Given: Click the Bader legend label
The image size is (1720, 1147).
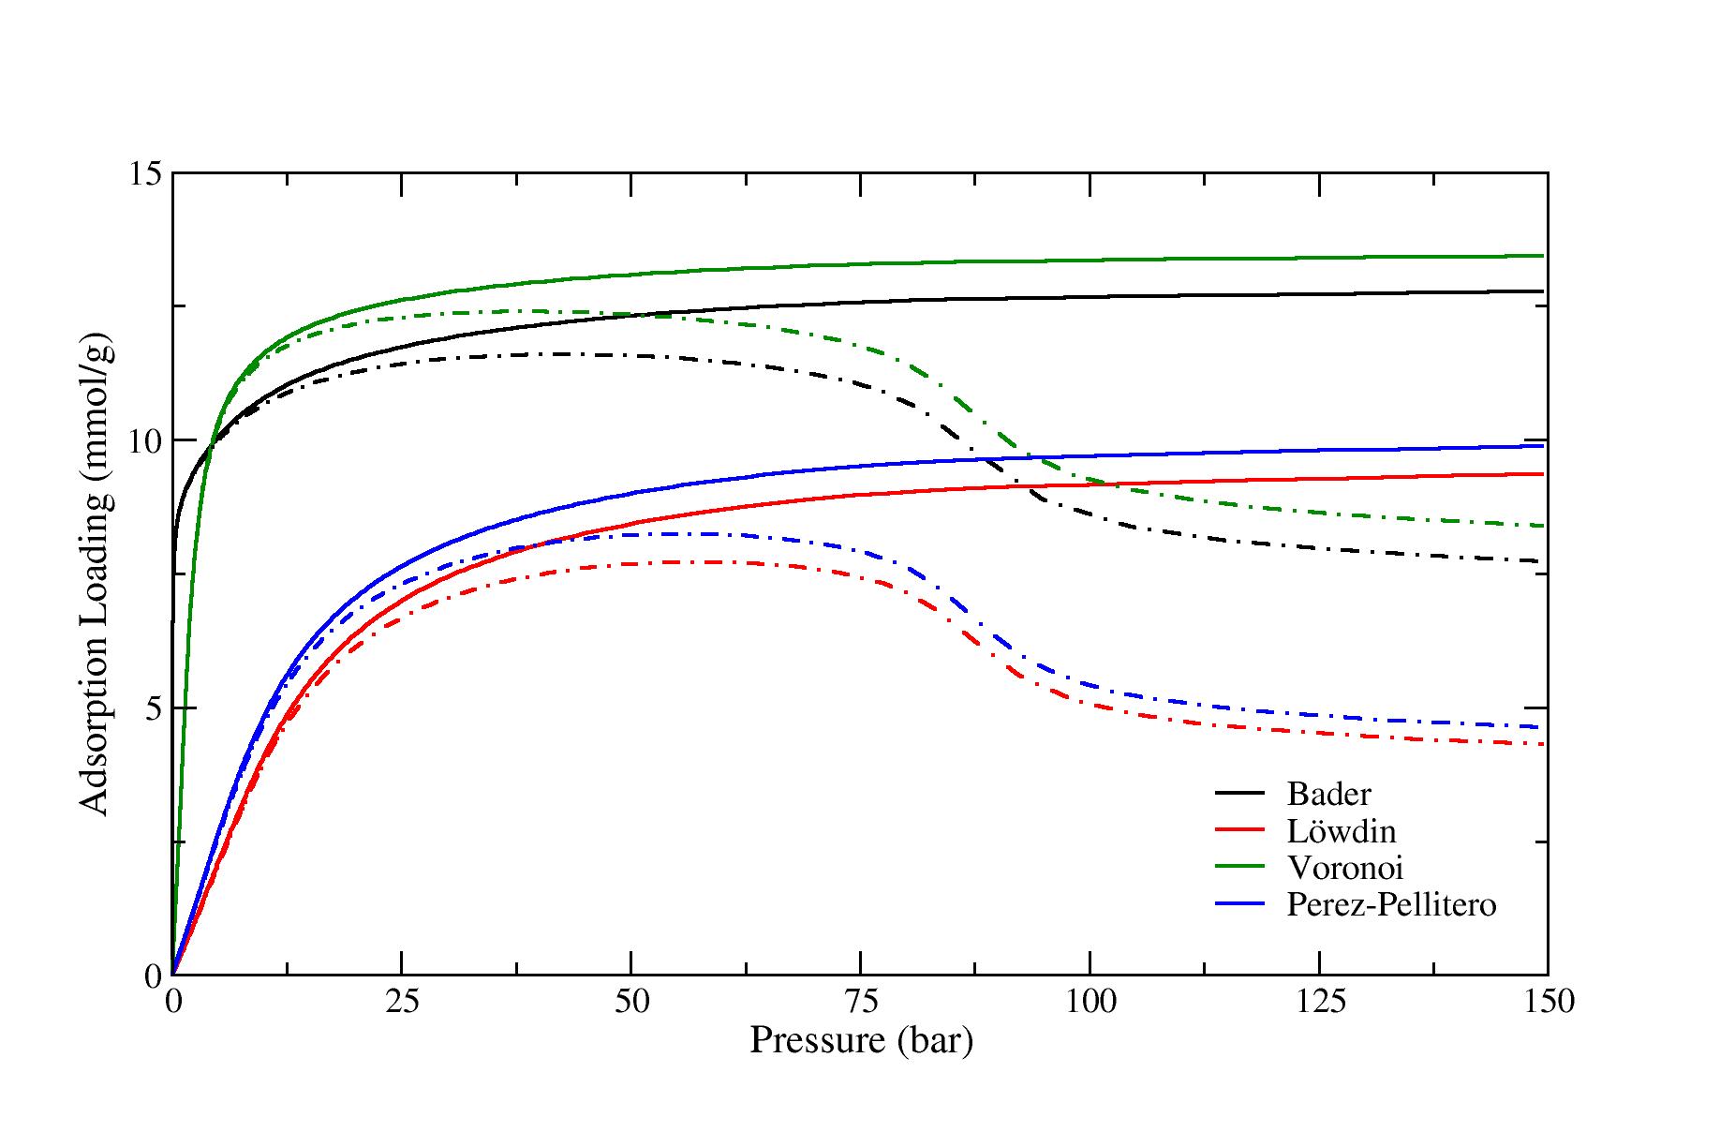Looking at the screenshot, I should (x=1328, y=795).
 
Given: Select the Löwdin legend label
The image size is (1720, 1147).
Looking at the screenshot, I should (x=1342, y=831).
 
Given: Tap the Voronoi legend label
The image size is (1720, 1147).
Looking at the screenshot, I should (x=1345, y=868).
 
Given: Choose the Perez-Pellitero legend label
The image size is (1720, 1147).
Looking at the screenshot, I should (x=1391, y=905).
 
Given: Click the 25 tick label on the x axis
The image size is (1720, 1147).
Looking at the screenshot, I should (x=402, y=1002).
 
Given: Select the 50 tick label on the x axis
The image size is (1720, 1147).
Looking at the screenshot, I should (x=631, y=1002).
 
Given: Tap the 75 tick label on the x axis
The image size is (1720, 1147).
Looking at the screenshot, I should (x=861, y=1002).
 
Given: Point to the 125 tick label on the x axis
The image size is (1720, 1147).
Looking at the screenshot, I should (x=1319, y=1002).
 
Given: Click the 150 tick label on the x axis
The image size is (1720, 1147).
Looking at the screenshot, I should (x=1548, y=1002).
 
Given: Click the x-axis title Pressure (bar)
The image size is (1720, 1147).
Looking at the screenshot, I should (x=861, y=1041).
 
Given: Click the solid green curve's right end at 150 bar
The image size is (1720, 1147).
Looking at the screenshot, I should (x=1543, y=255).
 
